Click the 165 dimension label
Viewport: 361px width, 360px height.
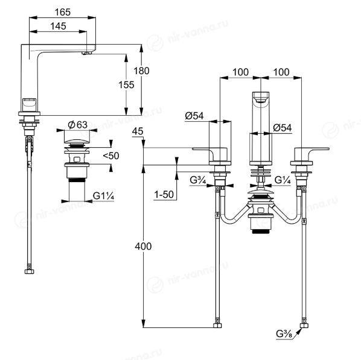click(62, 12)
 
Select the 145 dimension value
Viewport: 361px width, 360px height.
click(58, 26)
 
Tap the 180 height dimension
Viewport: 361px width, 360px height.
click(141, 71)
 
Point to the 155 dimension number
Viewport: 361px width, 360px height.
click(126, 85)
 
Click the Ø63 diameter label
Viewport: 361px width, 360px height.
click(78, 125)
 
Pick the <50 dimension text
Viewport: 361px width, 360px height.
click(111, 156)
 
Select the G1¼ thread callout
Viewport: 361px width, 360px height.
click(103, 196)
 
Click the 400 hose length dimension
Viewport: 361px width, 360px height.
click(143, 247)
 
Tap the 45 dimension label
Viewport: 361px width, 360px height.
click(138, 131)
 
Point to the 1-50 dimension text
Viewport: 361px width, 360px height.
click(164, 195)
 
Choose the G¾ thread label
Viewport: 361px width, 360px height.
click(198, 180)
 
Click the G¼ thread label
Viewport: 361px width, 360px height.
click(283, 180)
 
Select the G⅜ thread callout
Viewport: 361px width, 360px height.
click(284, 334)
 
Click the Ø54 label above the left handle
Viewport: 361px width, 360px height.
click(194, 116)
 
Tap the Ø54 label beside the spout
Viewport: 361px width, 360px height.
click(283, 128)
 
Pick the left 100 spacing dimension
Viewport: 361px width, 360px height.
click(240, 72)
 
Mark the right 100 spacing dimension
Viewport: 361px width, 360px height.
click(281, 72)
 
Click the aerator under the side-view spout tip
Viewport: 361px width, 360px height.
click(87, 53)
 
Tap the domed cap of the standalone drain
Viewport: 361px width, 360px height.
click(77, 141)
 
